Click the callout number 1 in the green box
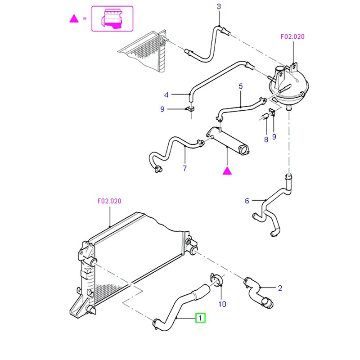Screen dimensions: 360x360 (200, 318)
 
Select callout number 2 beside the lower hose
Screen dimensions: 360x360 (279, 288)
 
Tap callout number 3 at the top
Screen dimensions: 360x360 (219, 6)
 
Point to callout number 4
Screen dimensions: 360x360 (166, 95)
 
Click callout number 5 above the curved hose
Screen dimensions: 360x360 (240, 85)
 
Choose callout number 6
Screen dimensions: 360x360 (247, 201)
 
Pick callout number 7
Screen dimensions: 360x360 (184, 168)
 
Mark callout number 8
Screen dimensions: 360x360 (266, 139)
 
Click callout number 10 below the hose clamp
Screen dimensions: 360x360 (222, 304)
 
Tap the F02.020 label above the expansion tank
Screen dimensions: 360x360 (292, 37)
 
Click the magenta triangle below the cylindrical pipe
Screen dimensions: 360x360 (228, 170)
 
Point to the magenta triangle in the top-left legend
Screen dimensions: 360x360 (73, 18)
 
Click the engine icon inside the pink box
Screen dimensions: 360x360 (112, 18)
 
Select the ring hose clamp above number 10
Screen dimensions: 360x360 (216, 280)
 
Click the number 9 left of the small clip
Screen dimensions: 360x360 (162, 109)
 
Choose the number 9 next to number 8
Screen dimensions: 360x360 (274, 136)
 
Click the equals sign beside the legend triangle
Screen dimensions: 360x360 (84, 18)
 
